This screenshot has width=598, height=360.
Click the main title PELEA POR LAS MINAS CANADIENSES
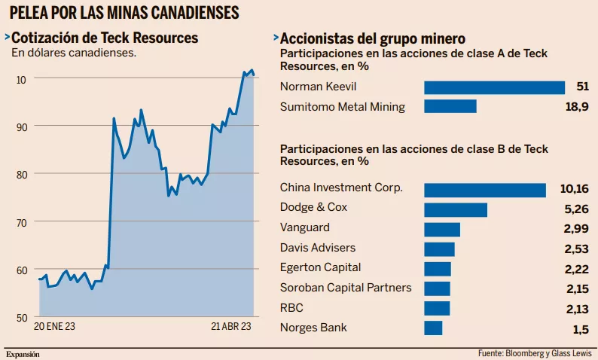[x=124, y=13]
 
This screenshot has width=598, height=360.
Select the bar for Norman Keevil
[x=494, y=87]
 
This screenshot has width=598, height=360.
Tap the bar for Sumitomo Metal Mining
[x=450, y=106]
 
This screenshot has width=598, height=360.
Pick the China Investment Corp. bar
[x=485, y=190]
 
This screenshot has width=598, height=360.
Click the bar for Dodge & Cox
[x=456, y=209]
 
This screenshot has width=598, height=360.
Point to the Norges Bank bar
[x=433, y=328]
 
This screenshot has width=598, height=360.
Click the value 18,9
[x=578, y=107]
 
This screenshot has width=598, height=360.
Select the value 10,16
[x=575, y=188]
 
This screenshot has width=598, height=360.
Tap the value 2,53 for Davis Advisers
[x=576, y=248]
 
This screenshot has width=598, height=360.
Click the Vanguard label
[x=305, y=227]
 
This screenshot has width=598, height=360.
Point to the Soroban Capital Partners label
[x=346, y=287]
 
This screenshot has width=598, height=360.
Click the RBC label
[x=291, y=307]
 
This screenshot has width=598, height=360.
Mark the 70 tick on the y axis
[x=21, y=222]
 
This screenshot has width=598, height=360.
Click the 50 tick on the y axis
[x=21, y=318]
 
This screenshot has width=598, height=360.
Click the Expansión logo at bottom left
[x=23, y=353]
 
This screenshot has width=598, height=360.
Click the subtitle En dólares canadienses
[x=73, y=53]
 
